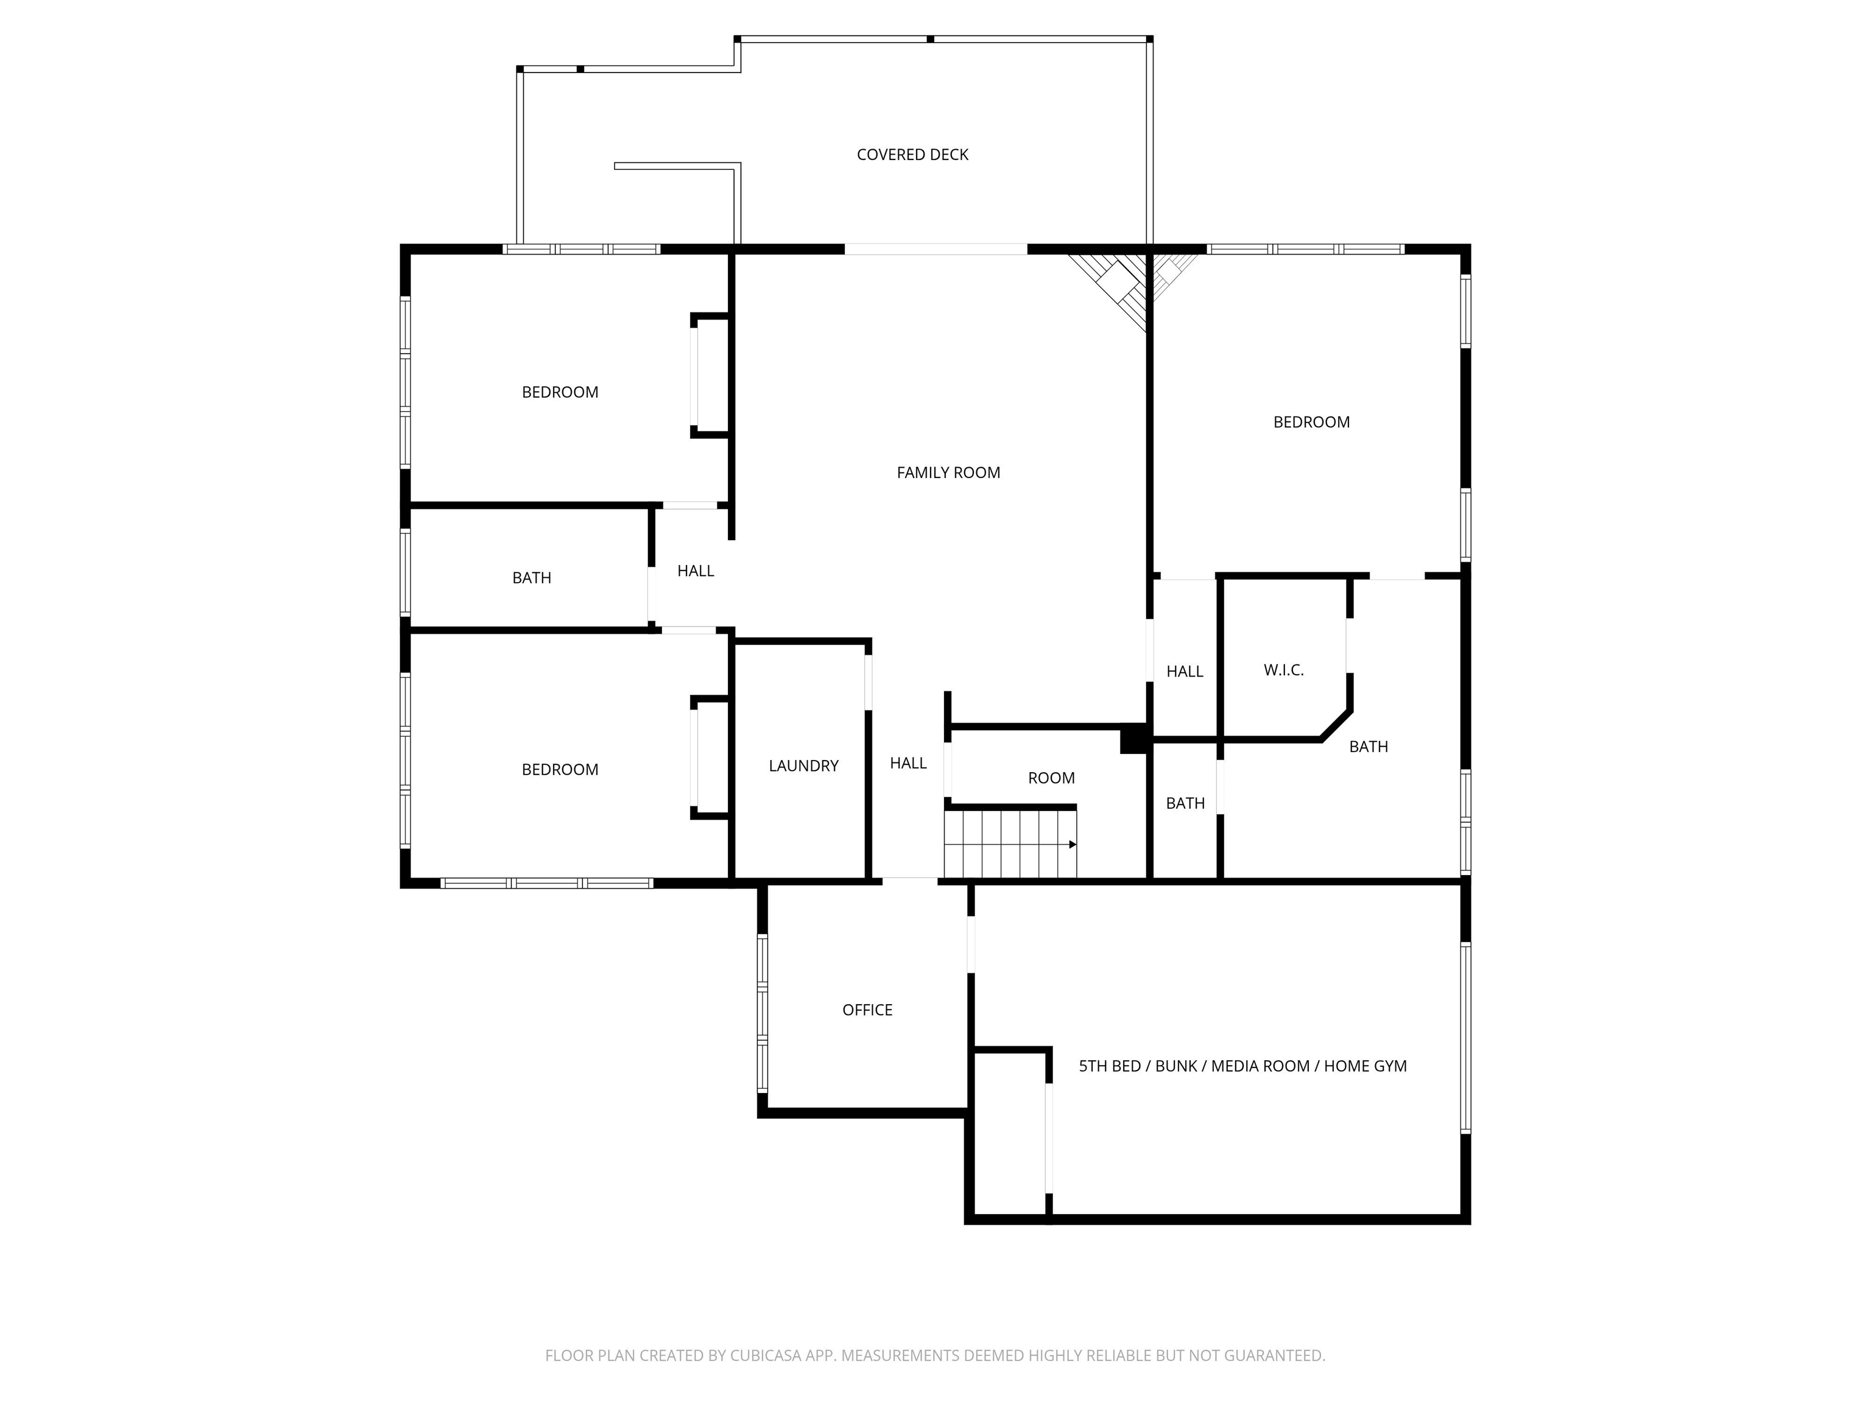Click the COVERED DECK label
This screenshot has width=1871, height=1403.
912,155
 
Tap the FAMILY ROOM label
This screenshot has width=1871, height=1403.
948,473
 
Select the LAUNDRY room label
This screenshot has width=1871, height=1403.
803,765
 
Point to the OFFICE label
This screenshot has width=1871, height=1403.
867,1010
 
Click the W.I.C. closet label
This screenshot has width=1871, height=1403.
1283,670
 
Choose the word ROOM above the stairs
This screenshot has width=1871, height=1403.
1051,778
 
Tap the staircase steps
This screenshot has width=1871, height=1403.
1007,844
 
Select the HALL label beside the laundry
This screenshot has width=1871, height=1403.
907,763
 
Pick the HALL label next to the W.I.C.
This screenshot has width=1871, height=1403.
1184,672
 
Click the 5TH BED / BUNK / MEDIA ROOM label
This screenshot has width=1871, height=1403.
1242,1066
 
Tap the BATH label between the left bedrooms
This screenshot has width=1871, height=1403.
531,578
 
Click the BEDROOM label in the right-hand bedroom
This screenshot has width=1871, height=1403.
1311,422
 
